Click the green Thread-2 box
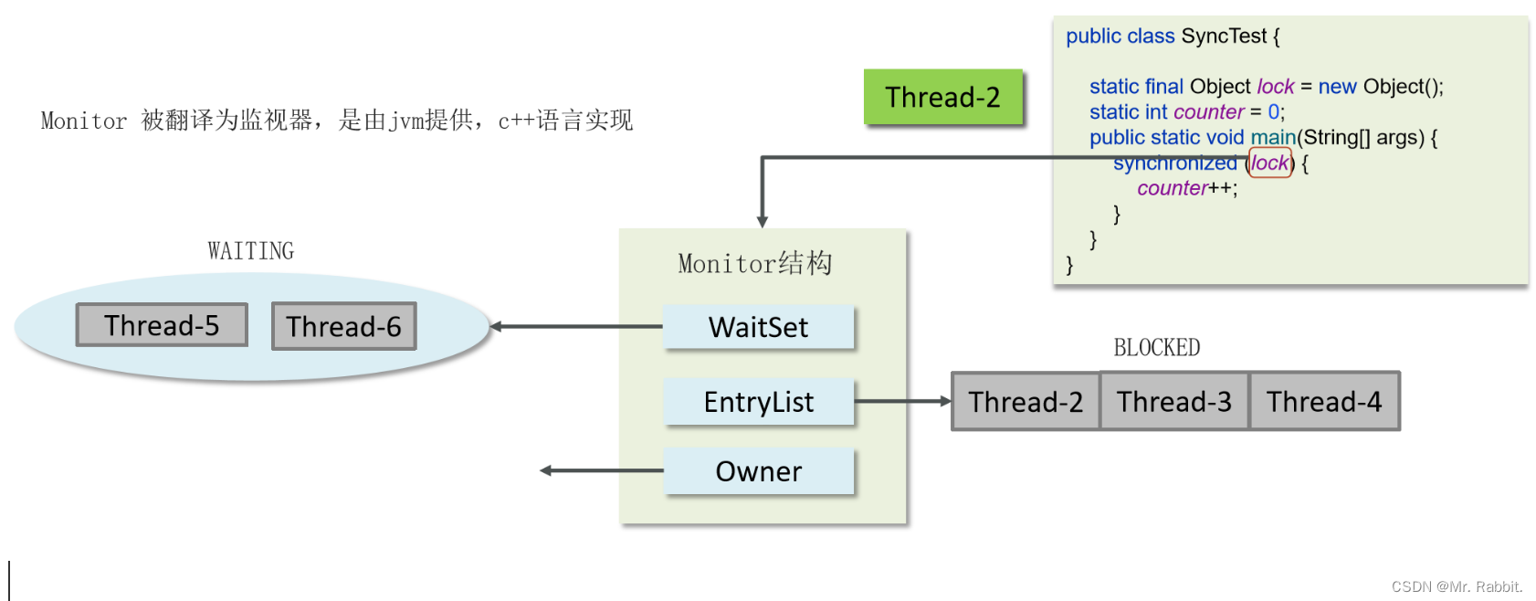point(942,97)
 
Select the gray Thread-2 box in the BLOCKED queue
point(1026,401)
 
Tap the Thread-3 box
point(1174,401)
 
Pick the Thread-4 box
point(1324,401)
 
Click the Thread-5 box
point(162,325)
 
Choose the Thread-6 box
point(343,326)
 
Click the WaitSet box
point(758,327)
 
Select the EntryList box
point(758,402)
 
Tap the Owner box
point(758,471)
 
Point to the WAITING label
point(250,251)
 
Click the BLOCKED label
point(1156,348)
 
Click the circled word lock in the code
point(1269,163)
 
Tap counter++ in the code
point(1186,188)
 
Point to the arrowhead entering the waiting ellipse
point(496,326)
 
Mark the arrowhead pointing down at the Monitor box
point(763,221)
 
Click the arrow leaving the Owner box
point(603,470)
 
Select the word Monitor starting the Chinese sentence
point(84,121)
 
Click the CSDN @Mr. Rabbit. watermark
point(1457,586)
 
